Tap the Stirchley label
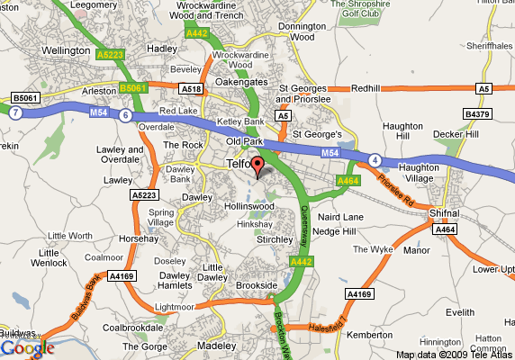pyautogui.click(x=275, y=240)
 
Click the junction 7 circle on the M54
pyautogui.click(x=14, y=113)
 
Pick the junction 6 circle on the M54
pyautogui.click(x=125, y=115)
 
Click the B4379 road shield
pyautogui.click(x=475, y=114)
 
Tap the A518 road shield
pyautogui.click(x=191, y=89)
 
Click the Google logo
pyautogui.click(x=27, y=347)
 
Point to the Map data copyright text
pyautogui.click(x=455, y=354)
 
